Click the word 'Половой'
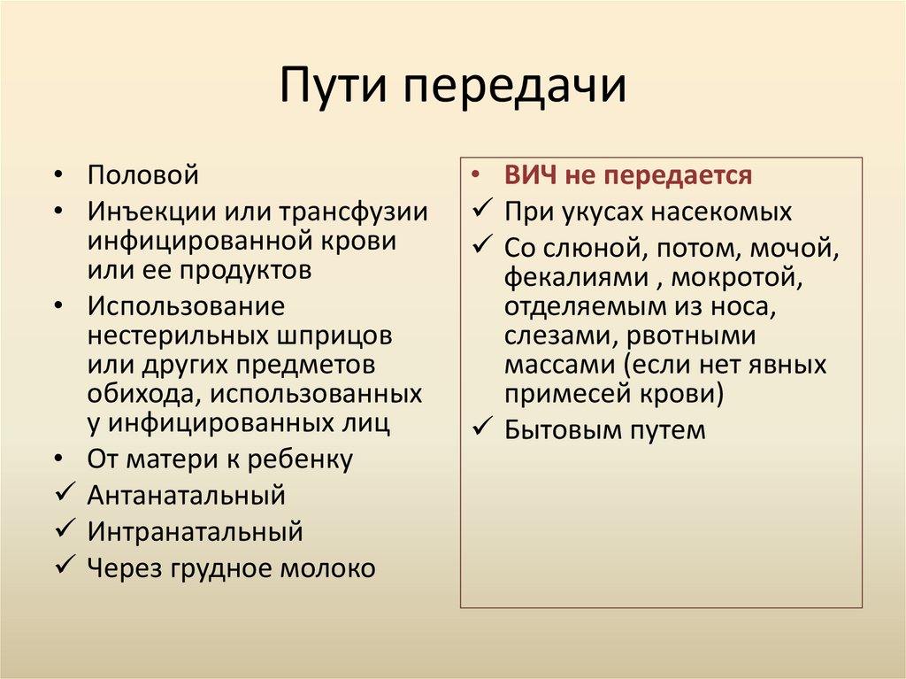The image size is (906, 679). [x=142, y=175]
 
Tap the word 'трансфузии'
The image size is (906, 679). [x=353, y=212]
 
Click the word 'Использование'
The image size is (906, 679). [x=186, y=306]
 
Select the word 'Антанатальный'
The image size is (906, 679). [x=186, y=495]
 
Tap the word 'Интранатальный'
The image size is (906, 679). [x=195, y=532]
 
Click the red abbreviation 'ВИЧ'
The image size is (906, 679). [x=530, y=175]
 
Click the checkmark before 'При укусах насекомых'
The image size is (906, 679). [x=482, y=212]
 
